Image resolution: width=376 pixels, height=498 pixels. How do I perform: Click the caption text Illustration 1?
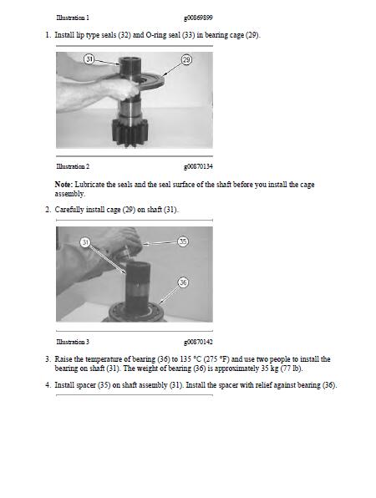click(73, 17)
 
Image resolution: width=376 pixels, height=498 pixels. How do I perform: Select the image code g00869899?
click(198, 17)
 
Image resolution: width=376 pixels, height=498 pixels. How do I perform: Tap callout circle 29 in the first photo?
click(186, 61)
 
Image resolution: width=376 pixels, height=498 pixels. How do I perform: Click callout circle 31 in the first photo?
click(89, 59)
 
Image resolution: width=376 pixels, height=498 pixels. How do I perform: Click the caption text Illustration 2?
click(73, 167)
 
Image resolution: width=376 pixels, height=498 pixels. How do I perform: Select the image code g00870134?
click(198, 167)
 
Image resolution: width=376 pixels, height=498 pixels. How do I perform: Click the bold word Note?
click(64, 184)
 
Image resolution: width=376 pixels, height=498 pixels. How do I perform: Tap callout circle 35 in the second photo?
click(183, 241)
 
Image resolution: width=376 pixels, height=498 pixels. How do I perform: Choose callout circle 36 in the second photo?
click(183, 282)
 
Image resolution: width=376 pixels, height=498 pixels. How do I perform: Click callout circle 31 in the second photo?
click(85, 241)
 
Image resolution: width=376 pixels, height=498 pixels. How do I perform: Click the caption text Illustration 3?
click(73, 343)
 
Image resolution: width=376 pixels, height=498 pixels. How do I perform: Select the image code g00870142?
click(198, 343)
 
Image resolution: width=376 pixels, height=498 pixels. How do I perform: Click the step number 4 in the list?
click(46, 384)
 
